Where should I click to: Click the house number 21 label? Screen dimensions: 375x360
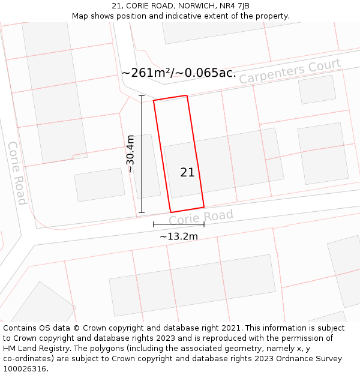[187, 173]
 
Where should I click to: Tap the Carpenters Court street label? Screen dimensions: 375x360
[290, 71]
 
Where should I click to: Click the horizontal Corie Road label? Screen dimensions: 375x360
[200, 218]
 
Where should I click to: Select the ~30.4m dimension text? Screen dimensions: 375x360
[130, 154]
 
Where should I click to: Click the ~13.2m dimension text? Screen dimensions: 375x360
[178, 236]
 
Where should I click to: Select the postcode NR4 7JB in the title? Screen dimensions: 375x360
[235, 6]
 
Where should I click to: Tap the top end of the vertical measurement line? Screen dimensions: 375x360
[142, 95]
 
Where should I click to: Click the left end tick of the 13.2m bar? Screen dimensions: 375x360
[154, 224]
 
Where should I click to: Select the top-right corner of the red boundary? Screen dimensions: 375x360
[187, 95]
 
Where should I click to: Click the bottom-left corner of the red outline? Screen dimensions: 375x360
[171, 212]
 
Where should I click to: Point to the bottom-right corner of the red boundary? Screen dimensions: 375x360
[204, 207]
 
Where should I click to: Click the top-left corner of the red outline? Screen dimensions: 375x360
[154, 100]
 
